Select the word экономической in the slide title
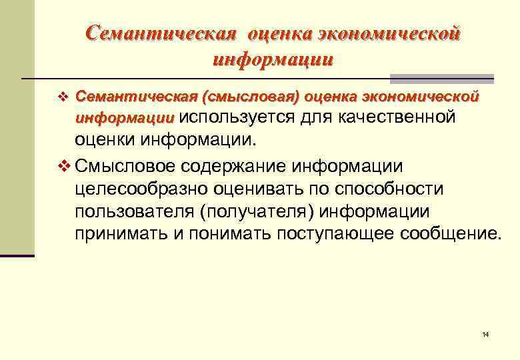(390, 33)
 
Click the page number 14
(485, 333)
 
